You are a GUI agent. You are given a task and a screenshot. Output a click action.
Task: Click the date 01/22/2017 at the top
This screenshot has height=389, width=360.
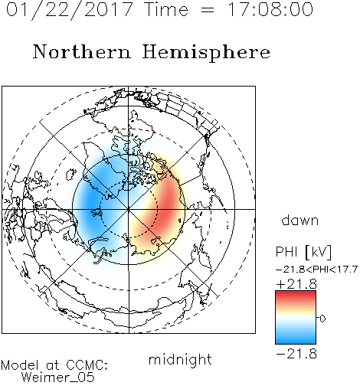point(69,10)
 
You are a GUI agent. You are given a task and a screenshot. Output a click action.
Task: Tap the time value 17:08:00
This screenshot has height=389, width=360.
point(270,9)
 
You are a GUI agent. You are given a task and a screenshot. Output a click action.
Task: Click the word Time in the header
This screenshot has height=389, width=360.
point(166,9)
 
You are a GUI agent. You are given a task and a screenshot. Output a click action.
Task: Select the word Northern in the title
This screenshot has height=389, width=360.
point(82,51)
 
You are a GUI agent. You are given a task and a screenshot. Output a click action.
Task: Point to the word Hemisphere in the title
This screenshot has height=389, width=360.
point(206,53)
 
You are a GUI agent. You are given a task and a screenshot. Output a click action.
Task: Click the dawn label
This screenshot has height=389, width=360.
point(300,220)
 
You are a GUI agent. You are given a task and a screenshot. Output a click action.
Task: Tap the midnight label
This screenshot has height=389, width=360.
point(180,359)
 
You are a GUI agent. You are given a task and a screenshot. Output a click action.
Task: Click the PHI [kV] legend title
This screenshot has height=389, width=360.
point(303,252)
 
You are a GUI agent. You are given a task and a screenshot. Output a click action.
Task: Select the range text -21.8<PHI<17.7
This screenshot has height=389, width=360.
point(316,270)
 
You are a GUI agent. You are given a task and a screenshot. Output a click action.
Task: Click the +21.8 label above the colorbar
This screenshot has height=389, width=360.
point(296,284)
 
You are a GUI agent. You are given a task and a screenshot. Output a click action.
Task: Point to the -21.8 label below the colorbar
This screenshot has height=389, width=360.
point(296,354)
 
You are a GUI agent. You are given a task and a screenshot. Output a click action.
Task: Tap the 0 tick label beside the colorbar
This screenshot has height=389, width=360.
point(322,319)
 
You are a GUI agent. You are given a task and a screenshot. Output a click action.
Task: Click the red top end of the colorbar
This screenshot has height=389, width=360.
point(296,293)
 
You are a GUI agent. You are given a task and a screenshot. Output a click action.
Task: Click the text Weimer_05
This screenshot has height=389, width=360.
point(58,378)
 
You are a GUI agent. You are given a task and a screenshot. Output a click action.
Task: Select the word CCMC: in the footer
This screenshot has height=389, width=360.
point(87,365)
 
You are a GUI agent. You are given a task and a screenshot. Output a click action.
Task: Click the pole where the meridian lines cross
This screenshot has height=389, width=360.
point(129,209)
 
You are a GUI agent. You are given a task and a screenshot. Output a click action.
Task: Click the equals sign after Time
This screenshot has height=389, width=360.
point(208,10)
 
